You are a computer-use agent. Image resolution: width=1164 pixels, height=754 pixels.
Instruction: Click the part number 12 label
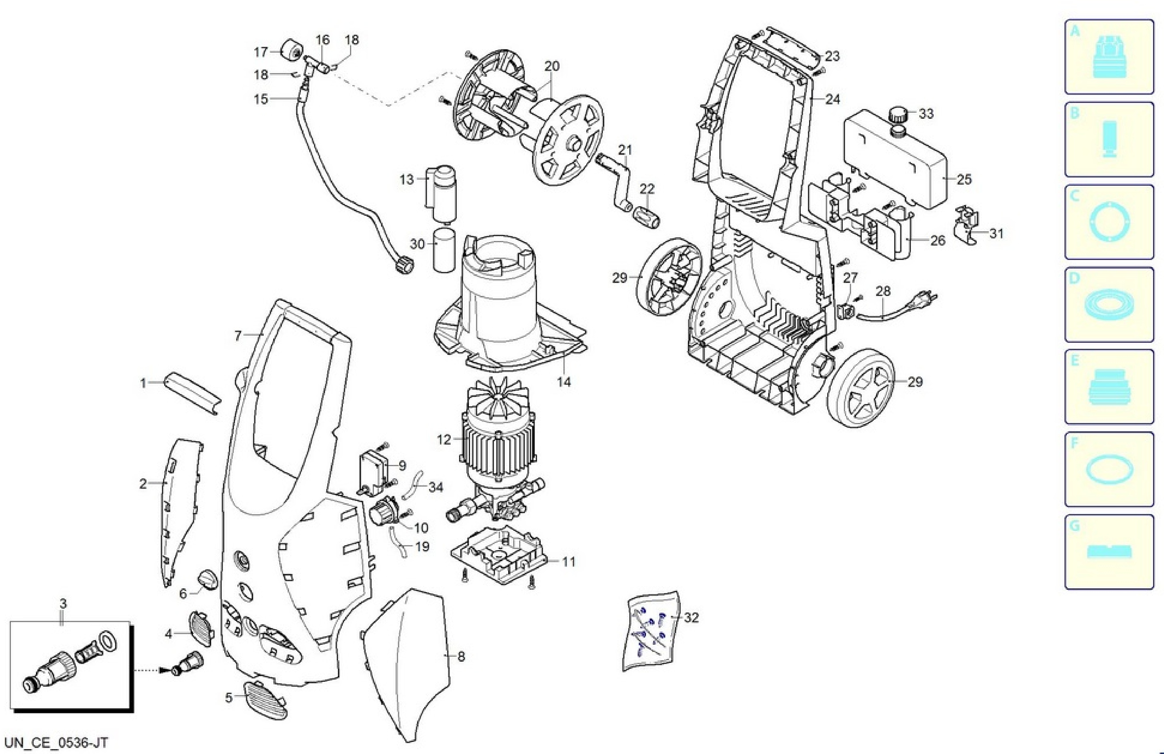point(444,440)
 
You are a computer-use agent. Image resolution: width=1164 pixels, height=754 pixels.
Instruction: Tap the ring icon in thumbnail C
point(1109,221)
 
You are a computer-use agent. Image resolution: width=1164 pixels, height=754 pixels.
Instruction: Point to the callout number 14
point(564,381)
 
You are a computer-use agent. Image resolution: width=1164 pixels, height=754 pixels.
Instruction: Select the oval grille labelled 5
point(264,699)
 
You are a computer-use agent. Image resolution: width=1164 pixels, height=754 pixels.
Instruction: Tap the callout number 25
point(964,179)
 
